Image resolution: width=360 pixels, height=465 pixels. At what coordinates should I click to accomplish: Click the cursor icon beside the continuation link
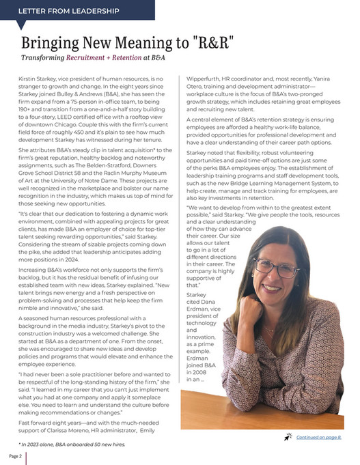click(x=289, y=435)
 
